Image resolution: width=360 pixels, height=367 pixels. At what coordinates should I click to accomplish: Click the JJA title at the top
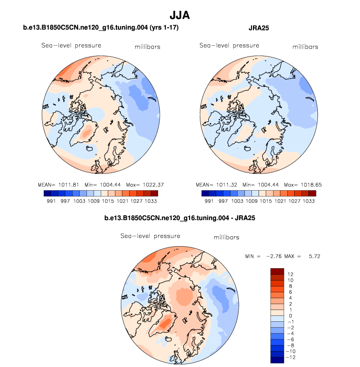pos(179,16)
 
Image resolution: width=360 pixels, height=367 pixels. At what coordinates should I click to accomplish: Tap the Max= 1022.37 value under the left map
pos(149,185)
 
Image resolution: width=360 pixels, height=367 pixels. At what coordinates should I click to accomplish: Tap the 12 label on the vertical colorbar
pos(291,274)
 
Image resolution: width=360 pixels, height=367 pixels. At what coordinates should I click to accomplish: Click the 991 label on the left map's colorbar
pos(50,201)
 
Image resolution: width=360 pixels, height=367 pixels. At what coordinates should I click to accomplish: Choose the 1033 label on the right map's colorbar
pos(309,201)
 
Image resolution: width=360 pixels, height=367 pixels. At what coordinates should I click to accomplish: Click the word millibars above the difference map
pos(226,237)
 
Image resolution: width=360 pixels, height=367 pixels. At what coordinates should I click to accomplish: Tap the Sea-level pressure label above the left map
pos(71,45)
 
